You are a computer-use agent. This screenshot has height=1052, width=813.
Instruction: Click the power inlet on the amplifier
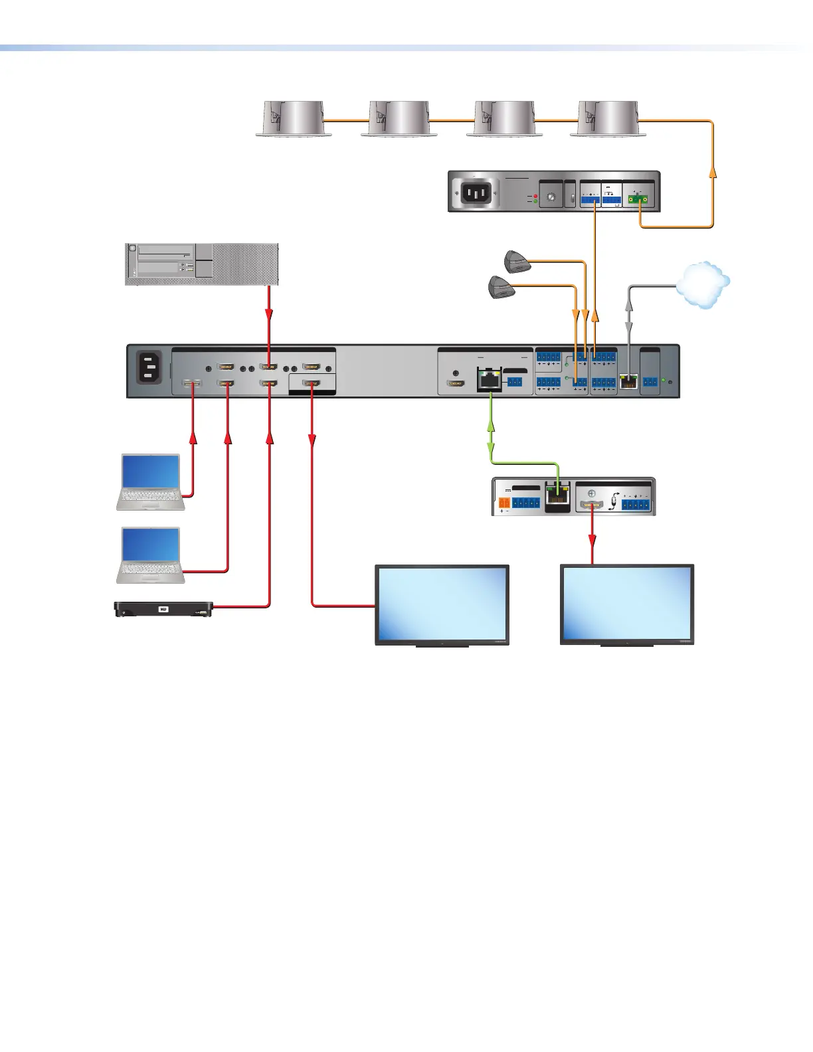[477, 193]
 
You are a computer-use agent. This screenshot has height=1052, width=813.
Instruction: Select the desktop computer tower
[202, 264]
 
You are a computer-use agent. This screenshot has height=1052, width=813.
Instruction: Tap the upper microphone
[517, 261]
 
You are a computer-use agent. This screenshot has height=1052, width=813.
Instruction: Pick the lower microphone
[501, 287]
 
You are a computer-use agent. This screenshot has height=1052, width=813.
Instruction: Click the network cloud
[703, 284]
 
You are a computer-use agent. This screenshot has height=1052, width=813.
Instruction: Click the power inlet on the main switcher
[148, 367]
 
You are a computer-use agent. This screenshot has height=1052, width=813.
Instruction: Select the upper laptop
[151, 482]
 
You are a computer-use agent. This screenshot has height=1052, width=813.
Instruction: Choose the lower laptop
[151, 555]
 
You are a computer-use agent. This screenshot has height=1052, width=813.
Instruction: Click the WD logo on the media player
[163, 609]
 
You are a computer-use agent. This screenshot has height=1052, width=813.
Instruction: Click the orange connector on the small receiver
[505, 503]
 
